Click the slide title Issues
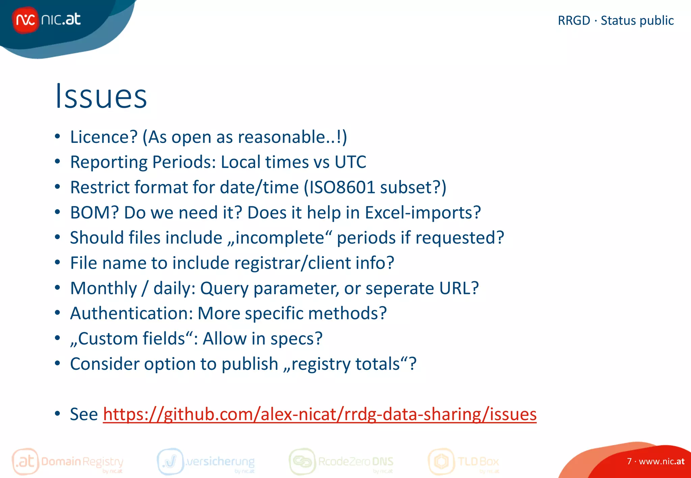click(101, 97)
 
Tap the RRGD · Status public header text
click(615, 21)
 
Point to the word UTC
click(350, 162)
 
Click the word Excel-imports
click(422, 213)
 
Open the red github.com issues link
click(320, 414)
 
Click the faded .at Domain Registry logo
click(67, 461)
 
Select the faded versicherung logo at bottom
click(206, 461)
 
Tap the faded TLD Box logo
click(464, 461)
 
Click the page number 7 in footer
click(629, 461)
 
